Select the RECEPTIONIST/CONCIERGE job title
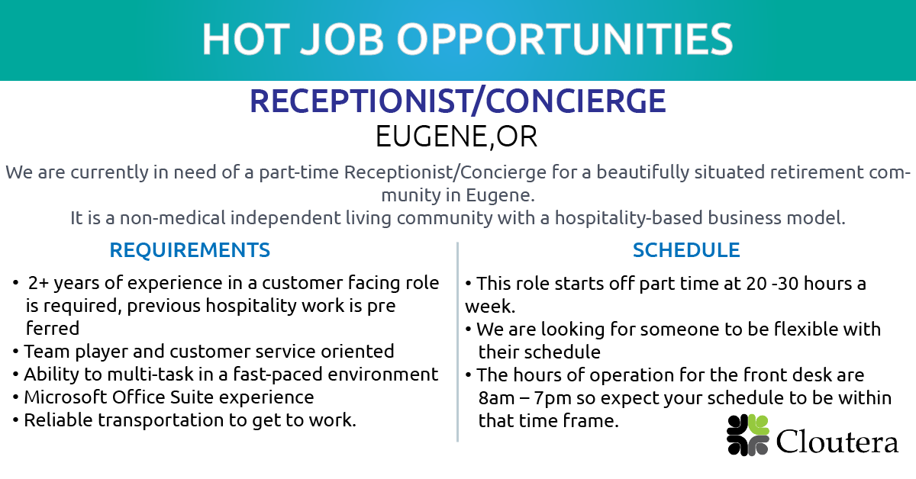[x=458, y=101]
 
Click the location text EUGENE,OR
[x=456, y=137]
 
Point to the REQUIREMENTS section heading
[x=189, y=250]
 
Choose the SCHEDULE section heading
[x=686, y=250]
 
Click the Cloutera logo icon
[x=747, y=436]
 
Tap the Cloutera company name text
[x=837, y=441]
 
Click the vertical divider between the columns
[x=457, y=341]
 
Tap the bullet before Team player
[x=16, y=352]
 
